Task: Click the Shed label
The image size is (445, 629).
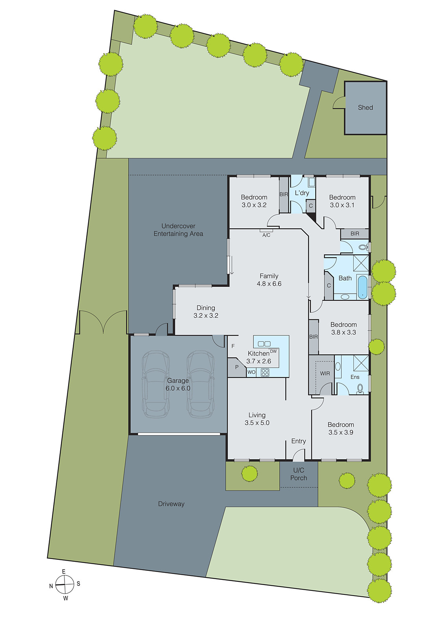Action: pyautogui.click(x=365, y=107)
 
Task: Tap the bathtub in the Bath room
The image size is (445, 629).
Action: pyautogui.click(x=362, y=287)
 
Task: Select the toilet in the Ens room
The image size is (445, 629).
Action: pyautogui.click(x=360, y=389)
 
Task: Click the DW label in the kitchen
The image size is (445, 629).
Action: pyautogui.click(x=273, y=351)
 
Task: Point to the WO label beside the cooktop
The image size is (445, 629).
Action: pyautogui.click(x=251, y=372)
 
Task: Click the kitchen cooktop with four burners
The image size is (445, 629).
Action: pyautogui.click(x=265, y=372)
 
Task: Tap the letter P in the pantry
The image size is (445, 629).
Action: pyautogui.click(x=237, y=367)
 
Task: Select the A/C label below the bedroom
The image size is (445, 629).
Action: pyautogui.click(x=266, y=235)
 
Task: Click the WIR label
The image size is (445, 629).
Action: pyautogui.click(x=325, y=373)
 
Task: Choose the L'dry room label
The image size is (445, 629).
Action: pyautogui.click(x=302, y=193)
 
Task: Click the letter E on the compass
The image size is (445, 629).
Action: pyautogui.click(x=64, y=572)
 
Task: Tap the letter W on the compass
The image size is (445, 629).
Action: pyautogui.click(x=66, y=598)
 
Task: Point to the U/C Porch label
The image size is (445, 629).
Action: pyautogui.click(x=299, y=474)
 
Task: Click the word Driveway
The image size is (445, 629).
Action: pyautogui.click(x=171, y=504)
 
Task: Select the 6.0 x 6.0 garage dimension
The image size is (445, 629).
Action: pyautogui.click(x=178, y=388)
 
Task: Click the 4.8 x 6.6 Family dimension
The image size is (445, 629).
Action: pyautogui.click(x=269, y=284)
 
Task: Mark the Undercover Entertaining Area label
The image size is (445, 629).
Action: pyautogui.click(x=178, y=230)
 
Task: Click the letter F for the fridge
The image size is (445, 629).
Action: pyautogui.click(x=233, y=346)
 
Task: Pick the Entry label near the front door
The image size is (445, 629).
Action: pyautogui.click(x=299, y=441)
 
